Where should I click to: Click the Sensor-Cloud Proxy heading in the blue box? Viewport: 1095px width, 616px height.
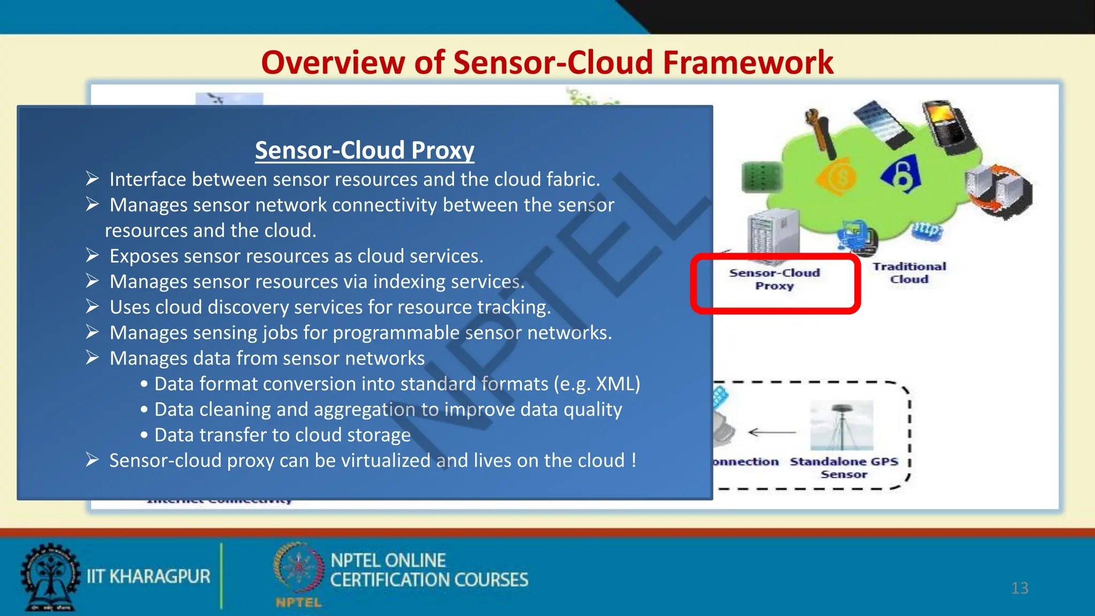364,150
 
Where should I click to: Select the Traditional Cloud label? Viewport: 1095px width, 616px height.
909,273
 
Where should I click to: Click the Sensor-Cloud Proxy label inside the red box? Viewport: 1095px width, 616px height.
774,279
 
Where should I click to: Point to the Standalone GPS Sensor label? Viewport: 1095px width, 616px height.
844,467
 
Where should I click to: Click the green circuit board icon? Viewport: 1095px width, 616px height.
762,177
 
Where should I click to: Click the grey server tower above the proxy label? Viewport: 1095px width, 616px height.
773,235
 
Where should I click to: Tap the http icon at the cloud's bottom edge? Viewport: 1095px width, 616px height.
927,230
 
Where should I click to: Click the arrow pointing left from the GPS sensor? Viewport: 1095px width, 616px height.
772,432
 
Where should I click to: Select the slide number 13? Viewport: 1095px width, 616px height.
1020,588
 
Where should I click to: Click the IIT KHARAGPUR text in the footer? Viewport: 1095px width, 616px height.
149,576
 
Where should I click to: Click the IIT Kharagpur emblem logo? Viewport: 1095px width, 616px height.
50,576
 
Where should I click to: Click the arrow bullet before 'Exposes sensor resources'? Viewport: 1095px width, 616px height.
92,256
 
